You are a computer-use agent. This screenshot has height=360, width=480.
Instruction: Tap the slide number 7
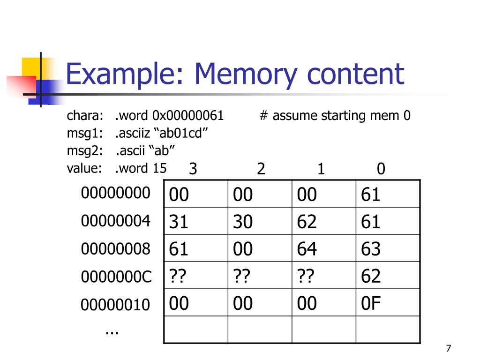coord(449,348)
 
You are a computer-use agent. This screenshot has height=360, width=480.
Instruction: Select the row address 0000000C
coord(116,277)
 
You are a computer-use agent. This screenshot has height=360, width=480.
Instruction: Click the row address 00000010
coord(115,305)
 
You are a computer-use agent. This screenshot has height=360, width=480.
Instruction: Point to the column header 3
coord(193,169)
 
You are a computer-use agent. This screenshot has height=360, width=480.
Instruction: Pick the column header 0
coord(381,169)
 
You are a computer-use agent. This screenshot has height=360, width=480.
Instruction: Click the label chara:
coord(85,116)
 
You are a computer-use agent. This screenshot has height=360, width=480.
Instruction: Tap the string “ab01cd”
coord(180,134)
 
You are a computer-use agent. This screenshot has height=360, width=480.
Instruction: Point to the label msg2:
coord(85,151)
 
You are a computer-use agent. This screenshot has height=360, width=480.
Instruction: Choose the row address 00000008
coord(115,249)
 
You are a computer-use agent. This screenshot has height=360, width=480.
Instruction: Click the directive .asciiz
coord(132,134)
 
